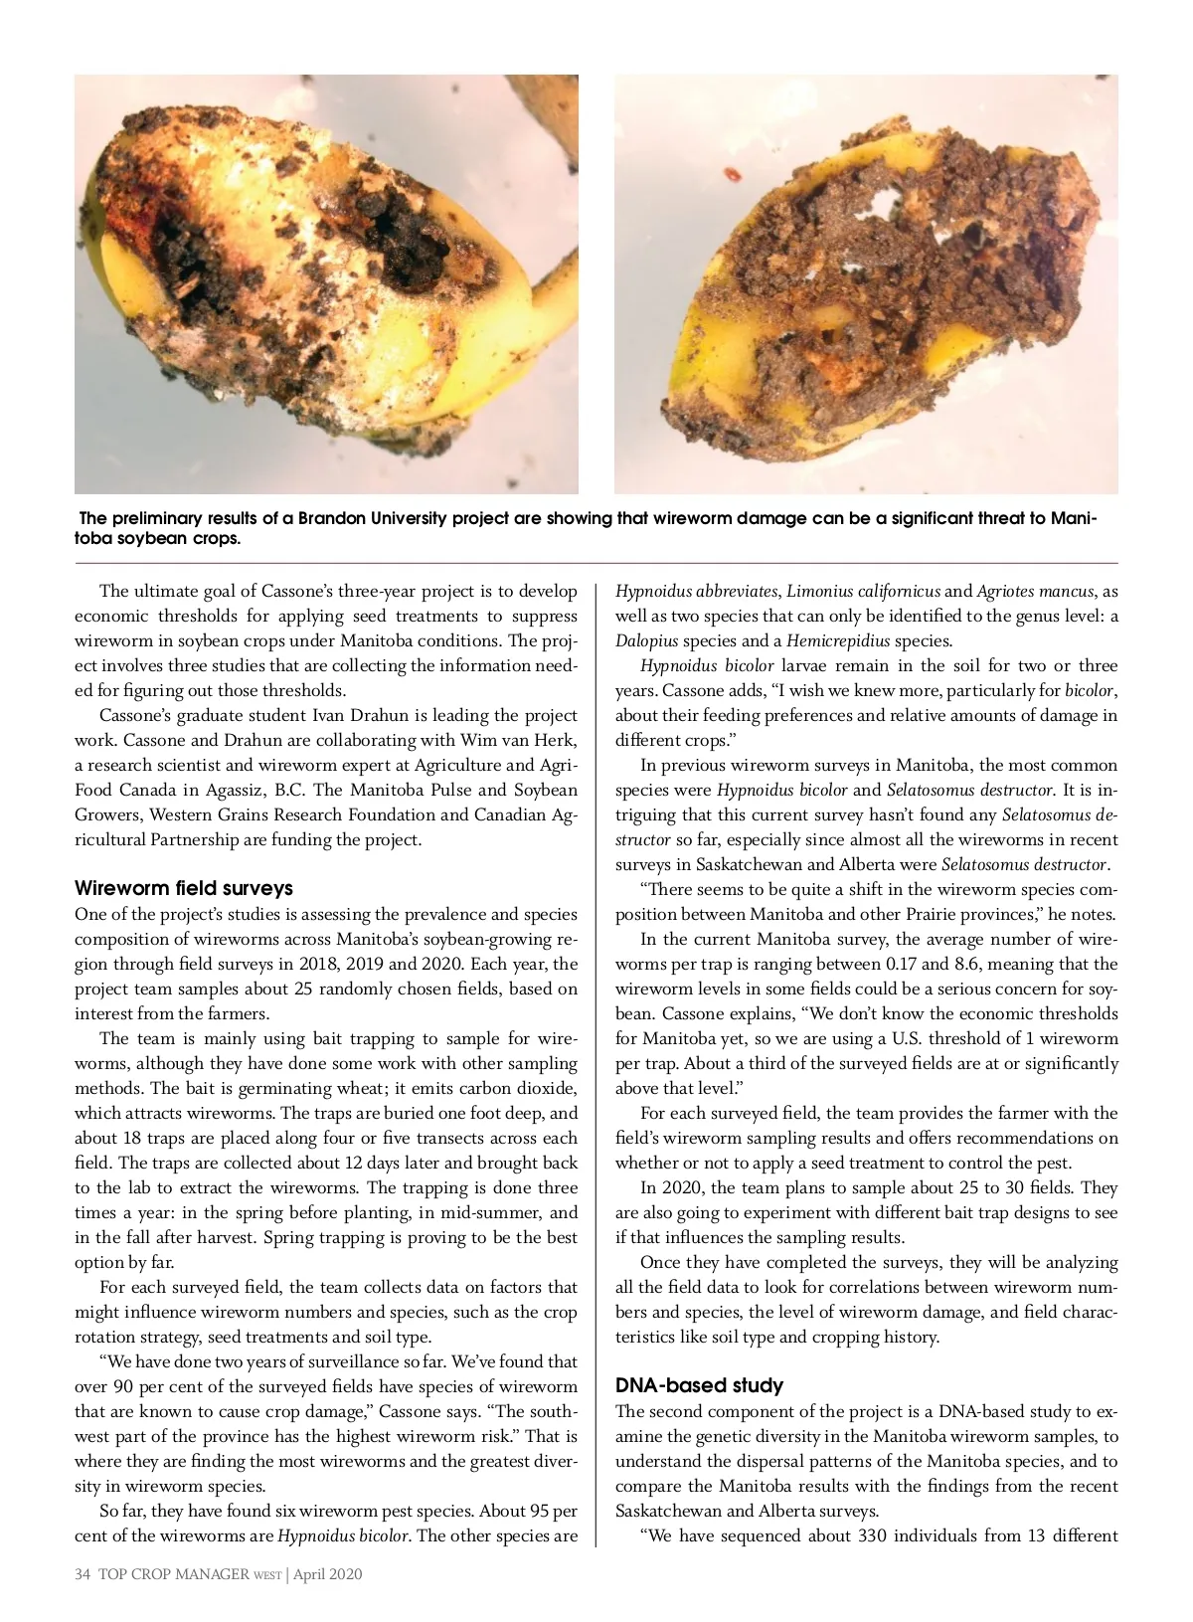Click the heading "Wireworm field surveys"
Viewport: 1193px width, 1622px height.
point(184,888)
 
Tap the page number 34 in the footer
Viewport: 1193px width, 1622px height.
point(83,1574)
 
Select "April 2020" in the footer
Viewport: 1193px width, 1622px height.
point(329,1574)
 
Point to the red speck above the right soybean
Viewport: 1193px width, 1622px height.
point(734,176)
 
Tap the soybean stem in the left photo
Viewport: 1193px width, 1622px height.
point(552,289)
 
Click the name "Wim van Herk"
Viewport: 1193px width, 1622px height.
point(518,740)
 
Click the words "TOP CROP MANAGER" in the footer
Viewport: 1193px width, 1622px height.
point(173,1574)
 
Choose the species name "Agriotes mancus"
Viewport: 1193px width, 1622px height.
point(1036,591)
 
